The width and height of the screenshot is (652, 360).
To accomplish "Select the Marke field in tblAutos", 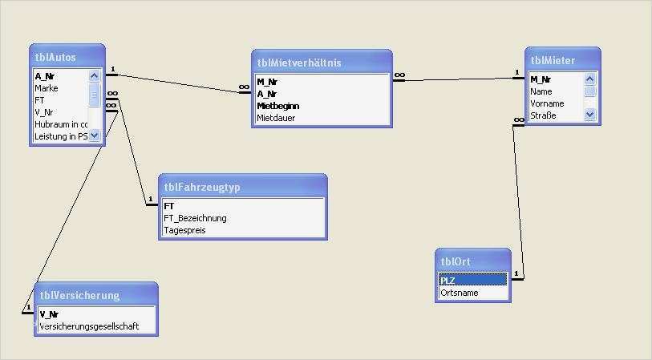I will point(46,88).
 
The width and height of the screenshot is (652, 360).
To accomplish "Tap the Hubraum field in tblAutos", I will point(60,124).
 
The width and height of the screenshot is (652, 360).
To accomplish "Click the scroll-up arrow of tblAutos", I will point(95,76).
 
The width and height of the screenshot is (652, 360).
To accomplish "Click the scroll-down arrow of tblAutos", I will point(95,136).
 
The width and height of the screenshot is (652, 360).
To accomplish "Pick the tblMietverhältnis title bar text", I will point(299,62).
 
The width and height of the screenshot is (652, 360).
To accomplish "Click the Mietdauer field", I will point(276,118).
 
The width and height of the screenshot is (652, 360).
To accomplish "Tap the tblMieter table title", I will point(553,59).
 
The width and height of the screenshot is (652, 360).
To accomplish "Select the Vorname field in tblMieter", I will point(547,103).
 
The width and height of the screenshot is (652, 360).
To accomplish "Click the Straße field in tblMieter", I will point(543,115).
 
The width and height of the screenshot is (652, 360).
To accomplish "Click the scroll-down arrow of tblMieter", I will point(590,115).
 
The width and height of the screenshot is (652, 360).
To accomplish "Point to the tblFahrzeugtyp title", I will point(202,187).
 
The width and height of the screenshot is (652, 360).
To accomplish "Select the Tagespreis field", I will point(184,230).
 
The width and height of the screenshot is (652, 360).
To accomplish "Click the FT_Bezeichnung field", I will point(195,218).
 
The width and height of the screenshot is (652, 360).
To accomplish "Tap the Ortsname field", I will point(460,293).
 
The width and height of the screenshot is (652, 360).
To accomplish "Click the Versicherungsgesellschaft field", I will point(89,326).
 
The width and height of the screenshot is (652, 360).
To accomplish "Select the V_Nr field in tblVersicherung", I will point(49,314).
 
